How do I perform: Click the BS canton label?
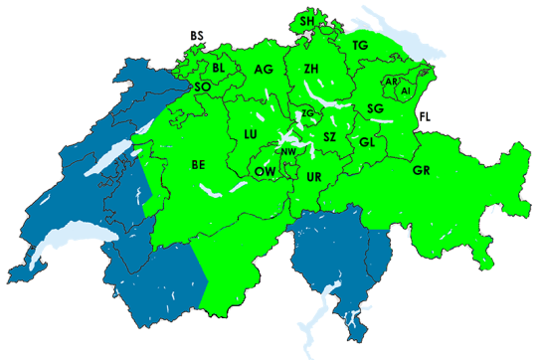pos(196,37)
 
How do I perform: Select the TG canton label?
pos(360,46)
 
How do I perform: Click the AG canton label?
pos(263,70)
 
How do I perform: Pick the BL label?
pos(219,68)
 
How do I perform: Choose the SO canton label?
pos(202,87)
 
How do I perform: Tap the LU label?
pos(251,133)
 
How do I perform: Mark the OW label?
pos(265,171)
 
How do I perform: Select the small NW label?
pos(288,152)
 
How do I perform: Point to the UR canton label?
pos(314,177)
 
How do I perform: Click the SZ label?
pos(330,135)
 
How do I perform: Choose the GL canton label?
pos(367,142)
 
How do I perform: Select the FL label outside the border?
pos(425,117)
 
